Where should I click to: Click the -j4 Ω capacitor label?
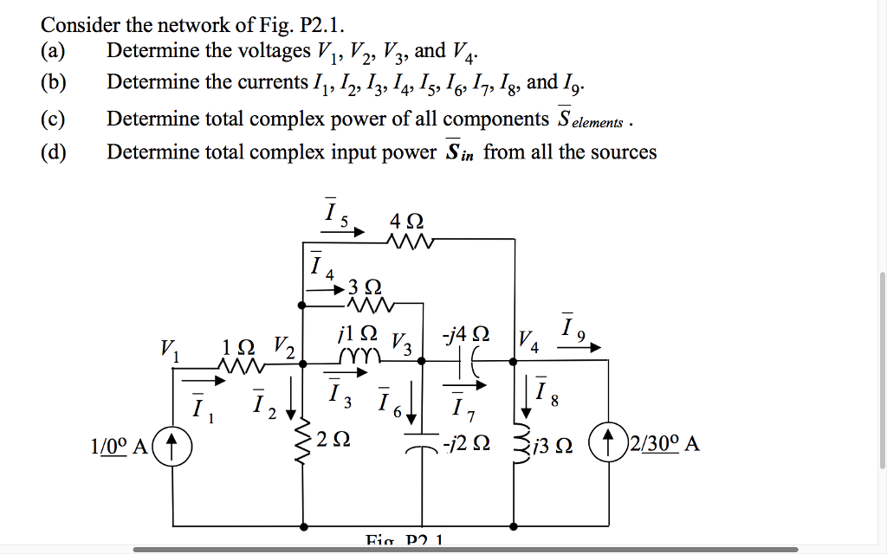click(x=469, y=333)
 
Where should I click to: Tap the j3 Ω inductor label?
click(x=555, y=446)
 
